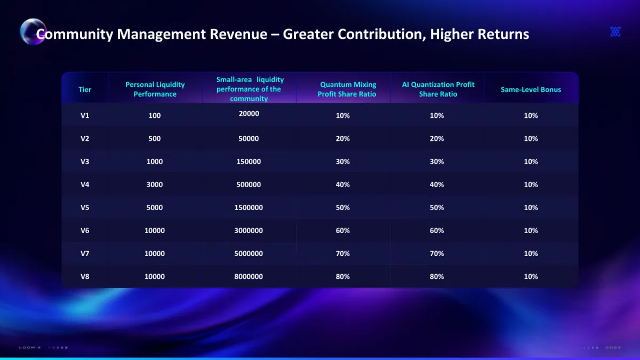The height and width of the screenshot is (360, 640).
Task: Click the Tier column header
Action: [85, 90]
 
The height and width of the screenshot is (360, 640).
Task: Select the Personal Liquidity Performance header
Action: [155, 89]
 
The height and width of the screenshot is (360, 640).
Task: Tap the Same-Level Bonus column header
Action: [531, 90]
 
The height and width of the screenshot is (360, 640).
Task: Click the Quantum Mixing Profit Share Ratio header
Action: [347, 89]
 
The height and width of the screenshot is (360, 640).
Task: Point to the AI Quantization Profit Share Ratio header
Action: [438, 89]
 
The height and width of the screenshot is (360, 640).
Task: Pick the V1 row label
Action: [85, 115]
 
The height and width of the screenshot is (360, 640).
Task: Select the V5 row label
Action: [85, 207]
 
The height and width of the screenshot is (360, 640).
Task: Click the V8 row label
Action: [85, 276]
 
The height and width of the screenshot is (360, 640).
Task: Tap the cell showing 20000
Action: [249, 114]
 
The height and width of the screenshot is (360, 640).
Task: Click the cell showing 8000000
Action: [249, 276]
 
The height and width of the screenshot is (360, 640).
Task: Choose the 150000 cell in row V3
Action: [249, 162]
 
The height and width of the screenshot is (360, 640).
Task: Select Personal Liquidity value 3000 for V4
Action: [155, 185]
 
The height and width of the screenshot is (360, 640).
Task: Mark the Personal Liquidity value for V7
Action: [155, 253]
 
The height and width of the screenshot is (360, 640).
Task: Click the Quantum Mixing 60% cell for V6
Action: [343, 230]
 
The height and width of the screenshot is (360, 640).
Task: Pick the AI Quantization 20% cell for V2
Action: [437, 139]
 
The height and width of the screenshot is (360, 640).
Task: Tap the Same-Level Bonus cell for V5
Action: [531, 207]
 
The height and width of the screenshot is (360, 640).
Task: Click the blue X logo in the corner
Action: [615, 32]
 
